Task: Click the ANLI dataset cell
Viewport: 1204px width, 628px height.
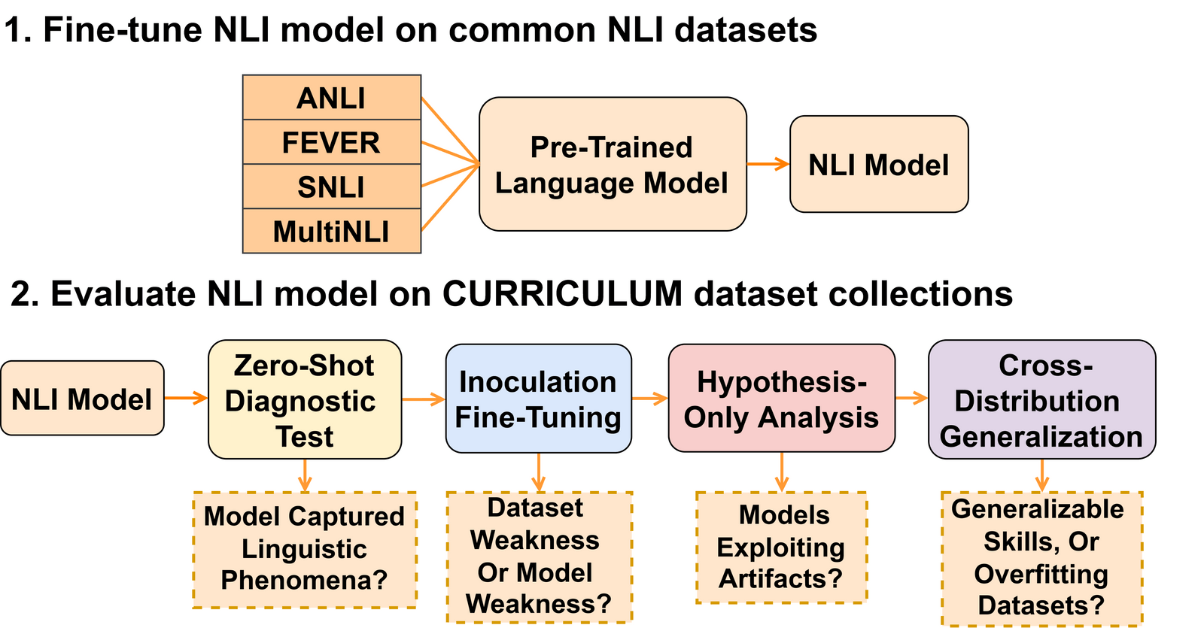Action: click(x=331, y=98)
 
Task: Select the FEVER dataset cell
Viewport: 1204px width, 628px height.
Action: click(x=331, y=142)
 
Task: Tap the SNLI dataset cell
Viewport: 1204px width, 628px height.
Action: click(x=331, y=187)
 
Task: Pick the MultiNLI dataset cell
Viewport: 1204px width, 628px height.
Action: click(x=331, y=231)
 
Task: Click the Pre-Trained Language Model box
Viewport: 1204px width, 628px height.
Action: click(x=613, y=164)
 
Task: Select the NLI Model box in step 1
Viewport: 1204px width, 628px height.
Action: click(x=879, y=164)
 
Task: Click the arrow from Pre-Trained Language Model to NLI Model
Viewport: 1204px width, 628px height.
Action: click(x=768, y=164)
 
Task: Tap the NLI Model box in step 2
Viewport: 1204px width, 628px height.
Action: click(x=82, y=399)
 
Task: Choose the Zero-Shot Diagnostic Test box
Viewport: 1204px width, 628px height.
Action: click(x=304, y=399)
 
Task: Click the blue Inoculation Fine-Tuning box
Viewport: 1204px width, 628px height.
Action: click(x=538, y=399)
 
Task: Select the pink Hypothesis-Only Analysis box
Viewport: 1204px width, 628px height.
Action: click(x=781, y=399)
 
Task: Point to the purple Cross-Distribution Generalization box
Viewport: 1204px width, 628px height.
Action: click(x=1041, y=399)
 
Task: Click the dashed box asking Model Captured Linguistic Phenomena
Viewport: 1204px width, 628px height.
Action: click(x=305, y=550)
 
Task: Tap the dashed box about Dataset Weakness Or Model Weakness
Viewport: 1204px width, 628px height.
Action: click(x=539, y=557)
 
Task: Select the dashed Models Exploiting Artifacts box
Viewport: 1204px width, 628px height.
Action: click(x=781, y=548)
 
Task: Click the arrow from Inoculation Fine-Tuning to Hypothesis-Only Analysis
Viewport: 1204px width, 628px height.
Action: click(x=649, y=399)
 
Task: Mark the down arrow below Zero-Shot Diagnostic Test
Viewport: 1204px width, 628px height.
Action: click(x=305, y=475)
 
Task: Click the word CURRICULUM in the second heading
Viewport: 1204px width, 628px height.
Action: click(x=562, y=293)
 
